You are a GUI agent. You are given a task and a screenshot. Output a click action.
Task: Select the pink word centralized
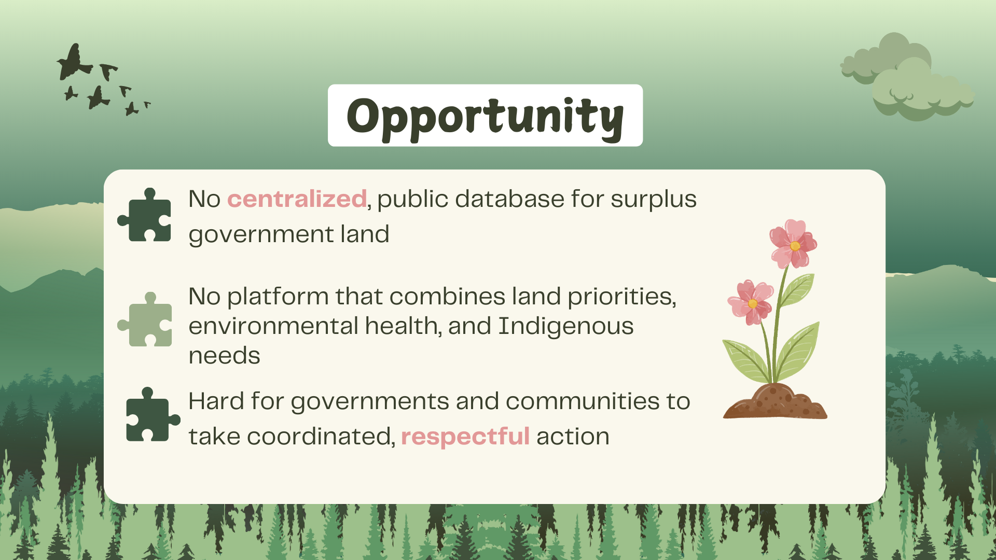[297, 199]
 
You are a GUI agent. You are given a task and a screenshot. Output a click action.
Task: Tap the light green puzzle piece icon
[145, 319]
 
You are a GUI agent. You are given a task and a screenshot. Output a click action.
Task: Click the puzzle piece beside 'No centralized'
[145, 215]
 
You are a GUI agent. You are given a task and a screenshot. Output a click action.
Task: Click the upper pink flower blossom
[793, 244]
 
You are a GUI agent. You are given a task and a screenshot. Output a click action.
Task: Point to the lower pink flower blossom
[752, 302]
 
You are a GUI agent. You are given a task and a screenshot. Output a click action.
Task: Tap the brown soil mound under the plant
[775, 402]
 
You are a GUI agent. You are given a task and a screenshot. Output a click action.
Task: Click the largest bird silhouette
[74, 62]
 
